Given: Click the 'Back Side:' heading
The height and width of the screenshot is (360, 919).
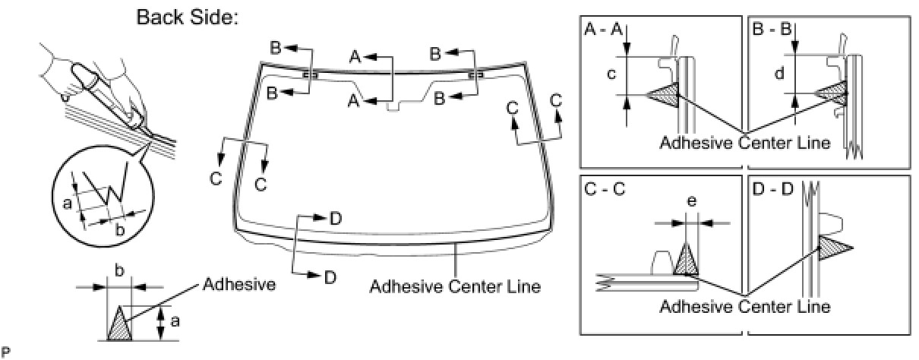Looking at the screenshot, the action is (188, 17).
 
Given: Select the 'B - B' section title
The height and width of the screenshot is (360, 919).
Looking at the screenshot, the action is (772, 30).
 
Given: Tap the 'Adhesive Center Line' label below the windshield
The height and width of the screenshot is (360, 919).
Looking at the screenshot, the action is (455, 287).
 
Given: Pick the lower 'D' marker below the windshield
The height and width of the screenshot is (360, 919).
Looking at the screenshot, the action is (330, 277).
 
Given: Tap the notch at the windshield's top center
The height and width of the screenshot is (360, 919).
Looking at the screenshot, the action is (393, 106).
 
